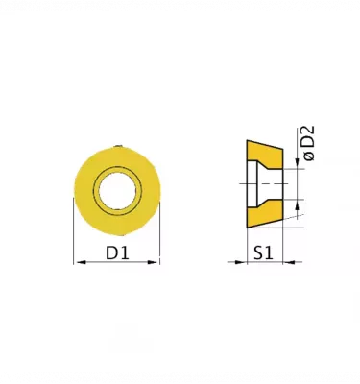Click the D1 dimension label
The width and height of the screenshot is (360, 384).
click(x=117, y=253)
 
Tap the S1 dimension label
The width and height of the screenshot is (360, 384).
click(x=264, y=253)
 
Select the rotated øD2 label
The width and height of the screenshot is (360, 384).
click(x=309, y=143)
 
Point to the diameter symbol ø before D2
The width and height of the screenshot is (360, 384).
click(x=310, y=156)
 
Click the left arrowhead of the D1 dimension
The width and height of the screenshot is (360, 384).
click(x=82, y=262)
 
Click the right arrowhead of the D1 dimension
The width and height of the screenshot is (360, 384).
click(x=152, y=262)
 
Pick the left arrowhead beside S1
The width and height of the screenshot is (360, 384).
click(x=240, y=262)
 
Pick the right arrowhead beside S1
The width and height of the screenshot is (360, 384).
click(x=289, y=262)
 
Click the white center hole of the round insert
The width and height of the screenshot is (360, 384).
click(x=118, y=191)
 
